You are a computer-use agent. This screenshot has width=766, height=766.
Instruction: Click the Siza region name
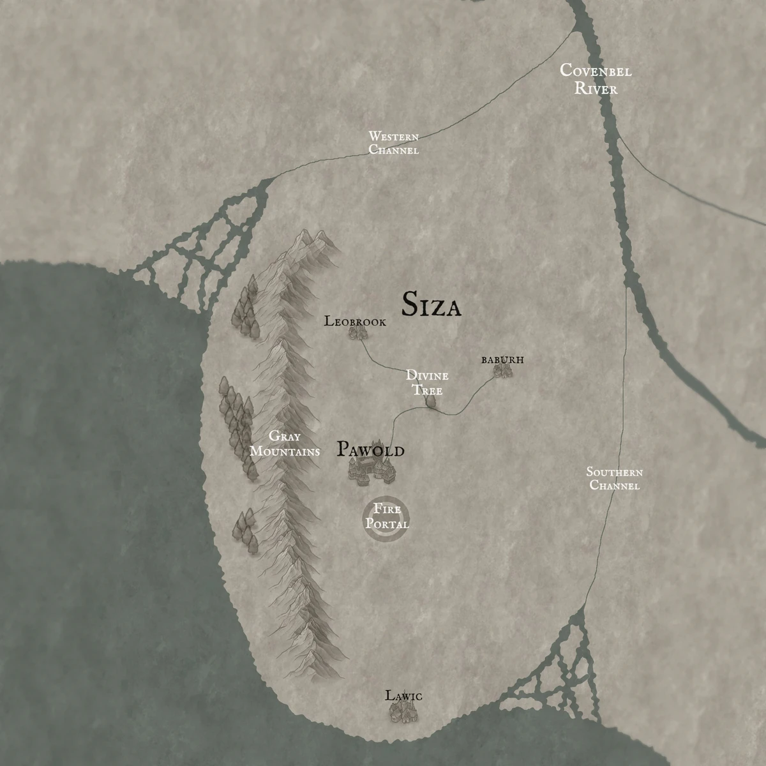click(x=431, y=305)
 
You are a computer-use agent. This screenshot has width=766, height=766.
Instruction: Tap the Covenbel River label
click(x=596, y=79)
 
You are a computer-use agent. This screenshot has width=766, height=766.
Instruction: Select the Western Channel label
click(x=394, y=143)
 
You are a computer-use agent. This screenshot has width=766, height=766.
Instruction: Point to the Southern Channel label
click(x=614, y=479)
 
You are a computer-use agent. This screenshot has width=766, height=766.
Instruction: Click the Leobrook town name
click(x=355, y=321)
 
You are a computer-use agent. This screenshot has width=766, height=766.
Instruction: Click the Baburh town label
click(x=502, y=360)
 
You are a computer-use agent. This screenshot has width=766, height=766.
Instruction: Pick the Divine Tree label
click(x=427, y=382)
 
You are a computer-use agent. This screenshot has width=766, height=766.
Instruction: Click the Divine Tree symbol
click(x=431, y=402)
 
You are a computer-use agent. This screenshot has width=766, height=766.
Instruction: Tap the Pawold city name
click(x=370, y=450)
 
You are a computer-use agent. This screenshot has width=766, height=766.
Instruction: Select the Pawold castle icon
click(x=372, y=471)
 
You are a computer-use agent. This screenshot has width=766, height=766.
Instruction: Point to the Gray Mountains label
click(x=285, y=444)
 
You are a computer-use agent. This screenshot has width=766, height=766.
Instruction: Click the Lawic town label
click(x=403, y=696)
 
